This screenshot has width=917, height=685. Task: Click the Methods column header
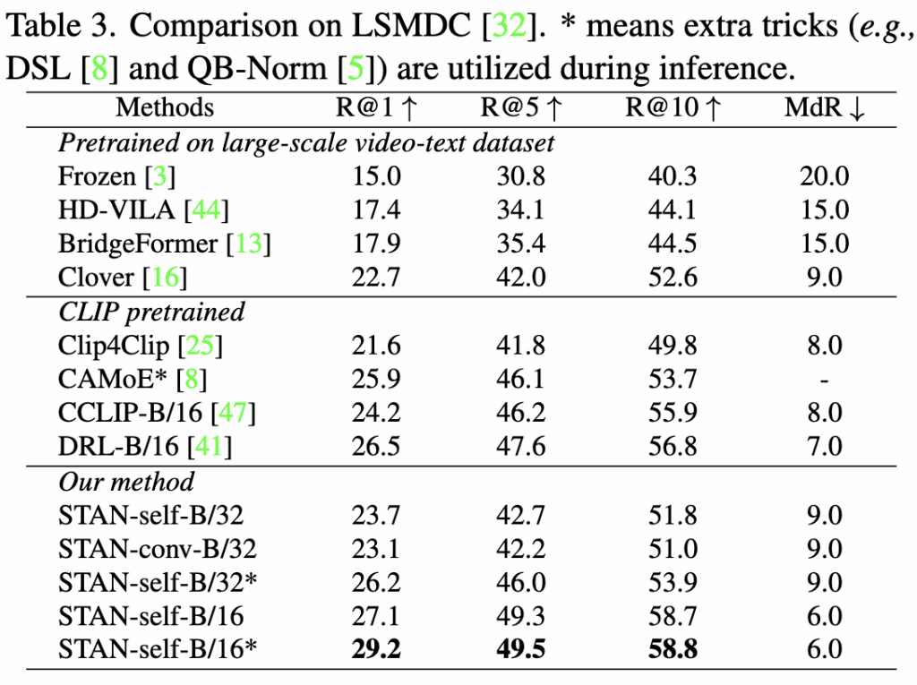click(x=165, y=108)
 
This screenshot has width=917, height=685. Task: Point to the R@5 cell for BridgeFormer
click(x=521, y=244)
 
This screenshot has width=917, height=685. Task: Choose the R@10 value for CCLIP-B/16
click(x=673, y=413)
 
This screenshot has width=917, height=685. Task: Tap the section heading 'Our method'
click(x=126, y=482)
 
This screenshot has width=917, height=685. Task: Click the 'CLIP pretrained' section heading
click(x=151, y=312)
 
